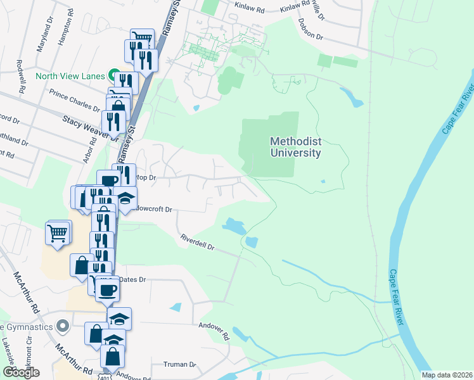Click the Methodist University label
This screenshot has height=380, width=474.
[x=295, y=147]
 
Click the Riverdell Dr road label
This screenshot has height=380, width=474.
[x=198, y=243]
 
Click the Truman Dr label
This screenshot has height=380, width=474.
[x=180, y=364]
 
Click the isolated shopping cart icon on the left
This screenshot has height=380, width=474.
[x=57, y=233]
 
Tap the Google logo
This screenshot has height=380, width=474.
[x=21, y=372]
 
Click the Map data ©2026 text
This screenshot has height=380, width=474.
[x=446, y=375]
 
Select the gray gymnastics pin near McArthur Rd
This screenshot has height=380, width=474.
[x=62, y=327]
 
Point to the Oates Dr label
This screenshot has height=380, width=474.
[x=132, y=279]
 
